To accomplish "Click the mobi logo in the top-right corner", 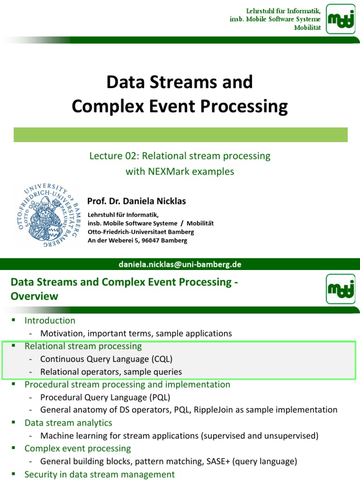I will tap(341, 19).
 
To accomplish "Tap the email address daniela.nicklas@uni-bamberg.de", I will tap(180, 264).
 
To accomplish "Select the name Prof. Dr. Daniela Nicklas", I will tap(136, 201).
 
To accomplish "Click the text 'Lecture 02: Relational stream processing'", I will tap(180, 156).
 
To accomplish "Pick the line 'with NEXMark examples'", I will tap(180, 172).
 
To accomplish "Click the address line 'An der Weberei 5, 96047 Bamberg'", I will tap(137, 240).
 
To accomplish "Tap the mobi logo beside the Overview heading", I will tap(341, 289).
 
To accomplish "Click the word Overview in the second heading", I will tap(35, 296).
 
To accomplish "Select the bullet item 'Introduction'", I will tap(50, 321).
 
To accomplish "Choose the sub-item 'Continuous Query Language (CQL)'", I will tap(106, 359).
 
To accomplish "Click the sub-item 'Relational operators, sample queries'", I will tap(111, 372).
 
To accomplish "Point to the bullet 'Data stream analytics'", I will tap(68, 423).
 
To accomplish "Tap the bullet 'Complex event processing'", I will tap(78, 449).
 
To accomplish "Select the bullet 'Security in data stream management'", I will tap(99, 474).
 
